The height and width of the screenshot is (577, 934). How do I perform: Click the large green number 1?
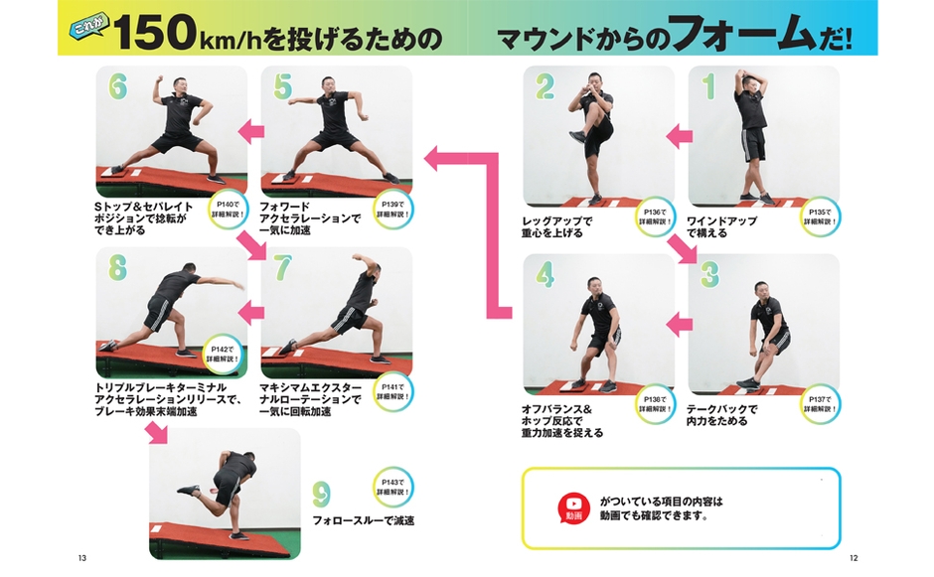[x=708, y=87]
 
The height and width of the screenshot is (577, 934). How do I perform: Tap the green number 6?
[x=117, y=88]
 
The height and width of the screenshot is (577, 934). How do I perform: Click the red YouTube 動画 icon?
[x=573, y=507]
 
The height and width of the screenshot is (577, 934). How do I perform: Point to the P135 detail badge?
[x=819, y=216]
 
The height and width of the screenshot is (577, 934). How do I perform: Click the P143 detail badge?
[x=393, y=487]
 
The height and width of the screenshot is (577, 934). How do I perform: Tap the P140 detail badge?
[x=228, y=207]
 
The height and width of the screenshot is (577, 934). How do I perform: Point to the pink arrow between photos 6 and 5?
[x=248, y=130]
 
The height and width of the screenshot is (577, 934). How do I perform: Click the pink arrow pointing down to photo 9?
[x=157, y=433]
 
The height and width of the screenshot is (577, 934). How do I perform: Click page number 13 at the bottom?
[x=81, y=557]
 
